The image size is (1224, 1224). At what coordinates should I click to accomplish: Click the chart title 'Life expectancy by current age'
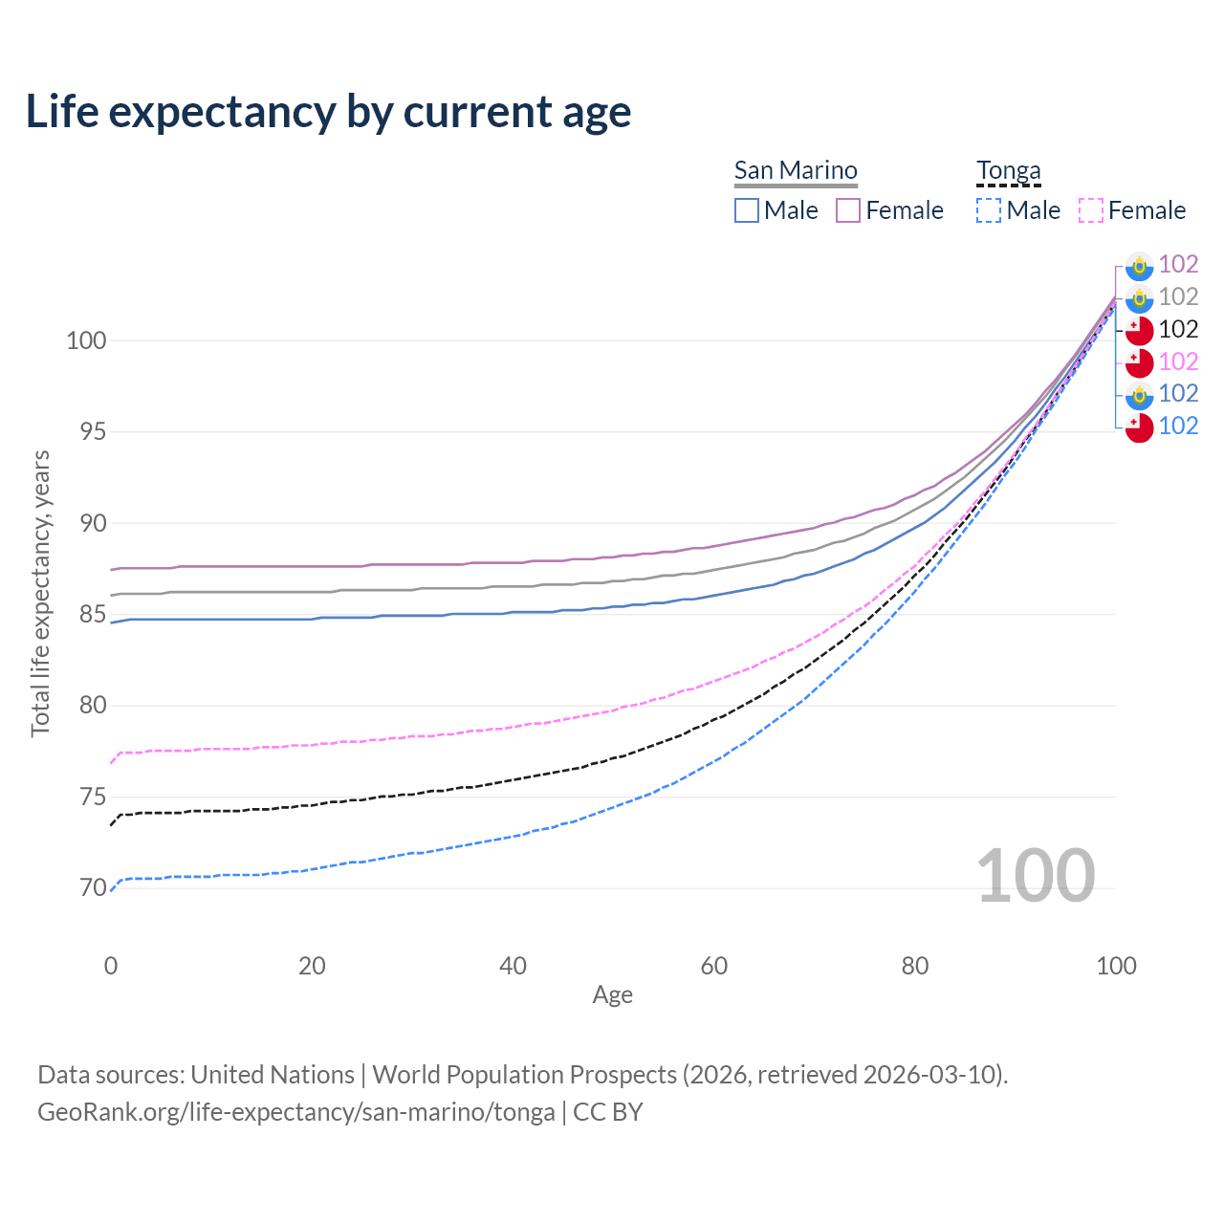(x=328, y=112)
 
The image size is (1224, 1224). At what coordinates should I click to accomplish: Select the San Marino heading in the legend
(x=796, y=170)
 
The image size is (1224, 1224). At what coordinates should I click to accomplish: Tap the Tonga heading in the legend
(x=1008, y=170)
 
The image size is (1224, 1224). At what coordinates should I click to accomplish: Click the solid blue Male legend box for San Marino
(x=747, y=210)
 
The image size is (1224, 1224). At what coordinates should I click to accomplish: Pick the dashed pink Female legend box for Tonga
(x=1091, y=210)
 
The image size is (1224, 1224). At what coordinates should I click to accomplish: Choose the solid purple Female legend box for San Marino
(x=848, y=210)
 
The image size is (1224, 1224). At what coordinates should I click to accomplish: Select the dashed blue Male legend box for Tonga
(x=989, y=210)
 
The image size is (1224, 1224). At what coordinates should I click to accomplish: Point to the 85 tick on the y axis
(x=86, y=615)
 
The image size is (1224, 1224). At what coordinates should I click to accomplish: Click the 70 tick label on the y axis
(x=86, y=888)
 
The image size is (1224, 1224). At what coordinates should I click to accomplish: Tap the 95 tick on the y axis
(x=86, y=432)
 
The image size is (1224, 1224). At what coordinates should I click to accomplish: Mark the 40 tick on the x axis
(x=514, y=966)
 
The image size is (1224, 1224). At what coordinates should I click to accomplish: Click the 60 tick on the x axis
(x=714, y=966)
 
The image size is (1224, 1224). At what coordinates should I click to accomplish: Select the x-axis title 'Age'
(x=613, y=995)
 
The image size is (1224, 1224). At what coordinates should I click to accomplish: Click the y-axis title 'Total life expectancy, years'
(x=40, y=593)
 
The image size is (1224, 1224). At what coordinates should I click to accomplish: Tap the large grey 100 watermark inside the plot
(x=1036, y=876)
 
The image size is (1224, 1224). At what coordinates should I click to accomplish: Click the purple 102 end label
(x=1178, y=264)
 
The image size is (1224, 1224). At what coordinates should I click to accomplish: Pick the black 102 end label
(x=1178, y=329)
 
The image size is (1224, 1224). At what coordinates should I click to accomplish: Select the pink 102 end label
(x=1178, y=361)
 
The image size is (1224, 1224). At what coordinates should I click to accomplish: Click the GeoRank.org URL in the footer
(x=296, y=1112)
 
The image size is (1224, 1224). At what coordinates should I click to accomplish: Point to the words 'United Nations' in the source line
(x=273, y=1075)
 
